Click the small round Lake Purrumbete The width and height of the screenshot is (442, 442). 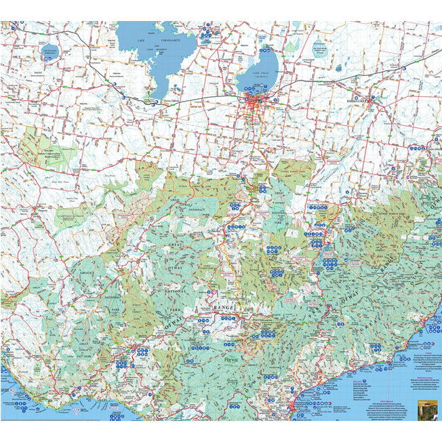click(51, 52)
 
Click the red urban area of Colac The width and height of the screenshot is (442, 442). click(256, 107)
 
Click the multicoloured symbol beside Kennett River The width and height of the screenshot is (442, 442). click(428, 330)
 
